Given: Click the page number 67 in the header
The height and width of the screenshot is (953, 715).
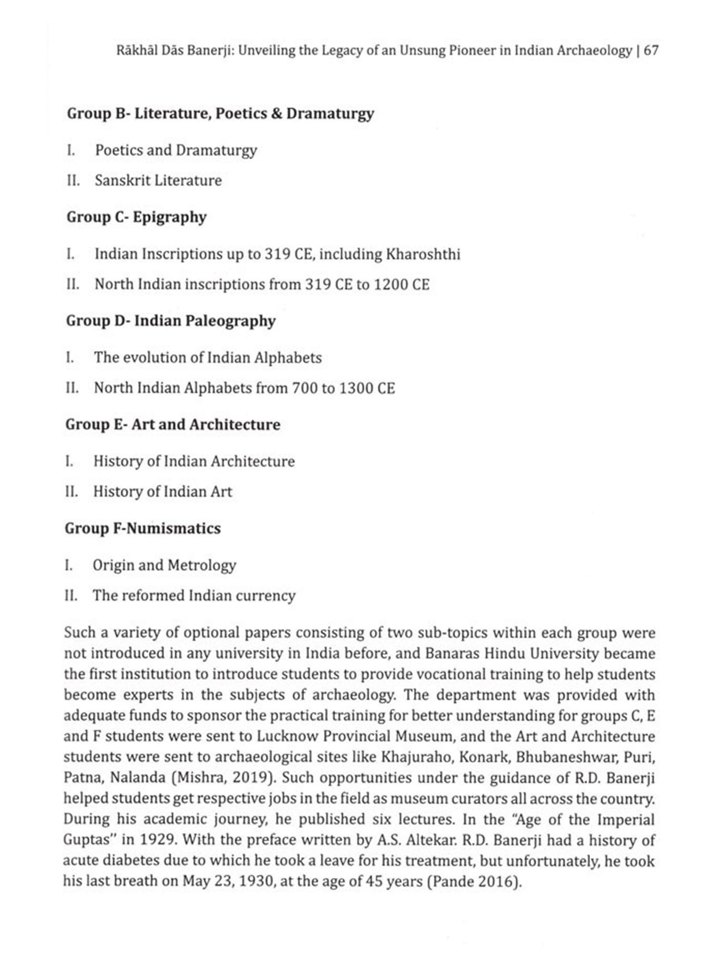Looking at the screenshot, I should pyautogui.click(x=651, y=51).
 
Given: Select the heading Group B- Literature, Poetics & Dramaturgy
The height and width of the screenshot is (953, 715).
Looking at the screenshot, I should pyautogui.click(x=220, y=113).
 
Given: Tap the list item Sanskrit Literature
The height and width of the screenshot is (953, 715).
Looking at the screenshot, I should pyautogui.click(x=158, y=181).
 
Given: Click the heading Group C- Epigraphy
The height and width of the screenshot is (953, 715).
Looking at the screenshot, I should pyautogui.click(x=136, y=217).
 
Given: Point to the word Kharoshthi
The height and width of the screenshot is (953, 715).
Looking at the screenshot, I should pyautogui.click(x=423, y=254).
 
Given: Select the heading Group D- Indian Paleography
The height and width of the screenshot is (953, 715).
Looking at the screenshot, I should pyautogui.click(x=171, y=321).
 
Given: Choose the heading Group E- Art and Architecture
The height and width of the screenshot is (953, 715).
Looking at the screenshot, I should pyautogui.click(x=173, y=425).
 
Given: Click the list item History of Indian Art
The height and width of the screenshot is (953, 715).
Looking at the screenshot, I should pyautogui.click(x=163, y=492).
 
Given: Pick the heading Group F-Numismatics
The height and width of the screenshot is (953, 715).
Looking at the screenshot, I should pyautogui.click(x=143, y=528).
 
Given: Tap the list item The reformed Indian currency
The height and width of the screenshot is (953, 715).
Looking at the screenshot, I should pyautogui.click(x=194, y=596).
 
